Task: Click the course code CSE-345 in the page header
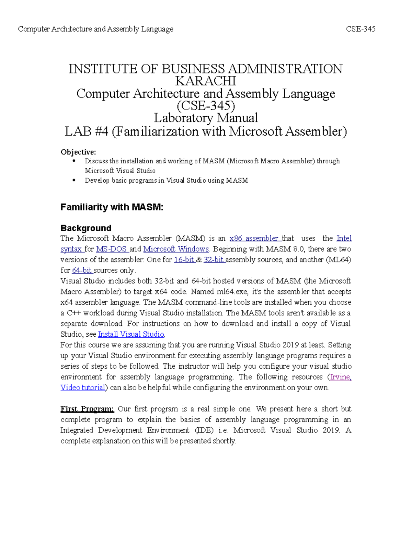click(360, 29)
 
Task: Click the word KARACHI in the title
click(206, 81)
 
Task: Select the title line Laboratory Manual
click(206, 118)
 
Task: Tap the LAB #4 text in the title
click(87, 131)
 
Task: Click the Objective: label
click(78, 152)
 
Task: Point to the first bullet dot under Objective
click(73, 161)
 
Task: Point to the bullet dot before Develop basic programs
click(73, 180)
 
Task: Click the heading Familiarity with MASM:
click(112, 207)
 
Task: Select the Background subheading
click(86, 228)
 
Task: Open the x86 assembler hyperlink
click(255, 239)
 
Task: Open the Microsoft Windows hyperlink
click(176, 249)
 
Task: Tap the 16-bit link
click(184, 260)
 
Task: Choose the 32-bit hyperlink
click(214, 260)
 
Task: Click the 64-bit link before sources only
click(82, 270)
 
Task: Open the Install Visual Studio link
click(131, 334)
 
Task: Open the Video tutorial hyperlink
click(83, 387)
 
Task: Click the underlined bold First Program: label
click(87, 409)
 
